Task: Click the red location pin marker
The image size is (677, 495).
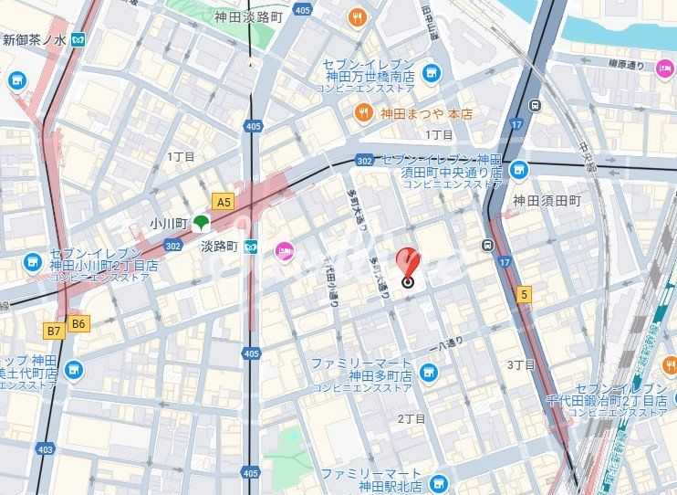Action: click(408, 265)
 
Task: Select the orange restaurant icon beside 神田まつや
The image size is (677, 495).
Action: click(362, 114)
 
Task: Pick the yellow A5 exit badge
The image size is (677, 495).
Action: click(222, 201)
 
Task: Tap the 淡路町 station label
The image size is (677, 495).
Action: click(219, 247)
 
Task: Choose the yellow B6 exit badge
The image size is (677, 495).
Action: click(79, 322)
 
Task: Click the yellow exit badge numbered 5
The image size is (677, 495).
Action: click(524, 294)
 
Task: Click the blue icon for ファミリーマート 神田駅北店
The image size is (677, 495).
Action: click(438, 483)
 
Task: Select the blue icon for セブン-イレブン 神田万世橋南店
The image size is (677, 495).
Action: click(430, 72)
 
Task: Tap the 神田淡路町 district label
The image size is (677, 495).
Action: click(249, 16)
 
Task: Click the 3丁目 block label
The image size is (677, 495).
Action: click(521, 364)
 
